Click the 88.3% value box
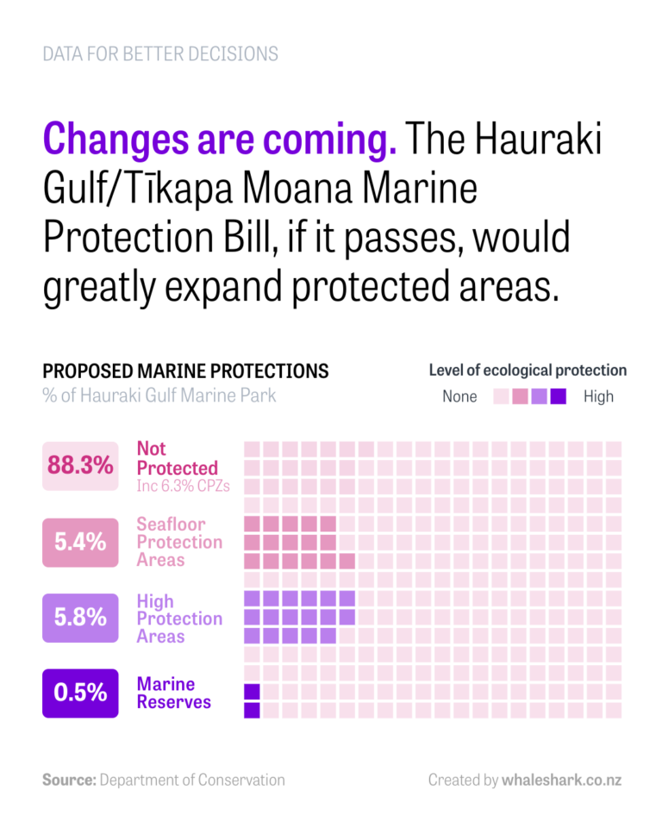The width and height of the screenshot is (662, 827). (x=80, y=466)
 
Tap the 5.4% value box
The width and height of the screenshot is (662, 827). (x=80, y=542)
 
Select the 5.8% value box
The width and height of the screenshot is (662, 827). (x=80, y=618)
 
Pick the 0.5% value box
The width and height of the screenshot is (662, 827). (x=80, y=693)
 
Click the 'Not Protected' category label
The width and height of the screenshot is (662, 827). (x=177, y=458)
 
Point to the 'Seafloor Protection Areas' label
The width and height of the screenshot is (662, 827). (x=179, y=542)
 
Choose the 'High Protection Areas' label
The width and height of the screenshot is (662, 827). (x=179, y=619)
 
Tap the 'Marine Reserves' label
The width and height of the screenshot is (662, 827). (x=173, y=693)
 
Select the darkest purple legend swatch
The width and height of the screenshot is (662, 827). (x=558, y=397)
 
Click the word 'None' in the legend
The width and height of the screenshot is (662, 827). (x=459, y=397)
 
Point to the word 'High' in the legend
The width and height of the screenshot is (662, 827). (x=598, y=397)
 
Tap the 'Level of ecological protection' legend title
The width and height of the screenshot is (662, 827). (x=528, y=370)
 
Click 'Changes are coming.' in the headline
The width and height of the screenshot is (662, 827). (x=220, y=139)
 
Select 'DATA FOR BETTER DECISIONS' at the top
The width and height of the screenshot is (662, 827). (x=160, y=54)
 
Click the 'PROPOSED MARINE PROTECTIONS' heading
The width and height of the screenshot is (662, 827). (x=185, y=371)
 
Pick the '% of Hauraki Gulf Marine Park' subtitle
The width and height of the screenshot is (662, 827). (x=159, y=396)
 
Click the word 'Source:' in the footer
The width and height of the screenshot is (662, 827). (x=69, y=780)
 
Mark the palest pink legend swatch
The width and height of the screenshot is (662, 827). (x=501, y=397)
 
